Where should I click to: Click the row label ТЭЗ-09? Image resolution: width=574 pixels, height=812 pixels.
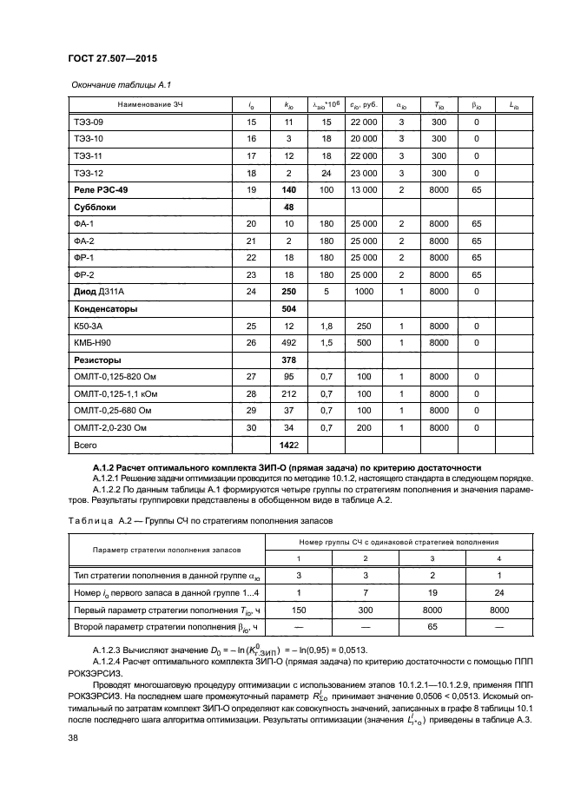pos(89,122)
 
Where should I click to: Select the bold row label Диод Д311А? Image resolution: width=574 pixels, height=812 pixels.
pos(102,292)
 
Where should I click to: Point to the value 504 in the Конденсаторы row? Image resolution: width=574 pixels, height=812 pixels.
pos(289,308)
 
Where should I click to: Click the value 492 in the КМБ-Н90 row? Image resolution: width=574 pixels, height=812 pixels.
pos(289,342)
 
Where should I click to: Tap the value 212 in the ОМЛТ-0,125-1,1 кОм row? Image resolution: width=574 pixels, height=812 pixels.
pos(289,393)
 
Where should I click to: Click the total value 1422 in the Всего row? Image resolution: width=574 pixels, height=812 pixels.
pos(289,445)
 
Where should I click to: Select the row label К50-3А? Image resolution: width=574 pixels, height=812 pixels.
pos(89,326)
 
